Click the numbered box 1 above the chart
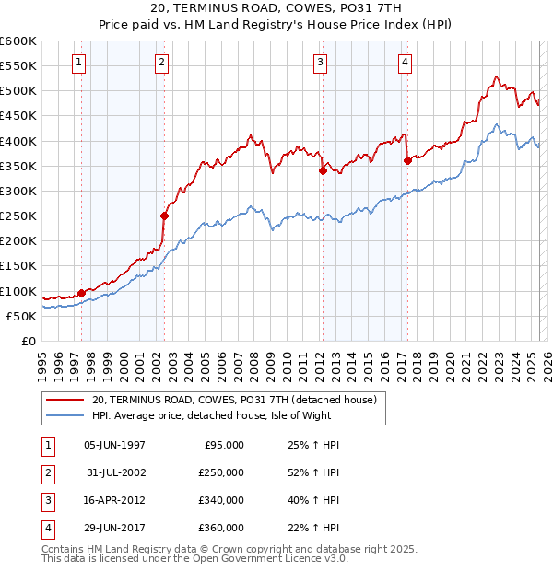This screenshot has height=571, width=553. coord(78,63)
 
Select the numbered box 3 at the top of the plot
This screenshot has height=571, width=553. coord(320,63)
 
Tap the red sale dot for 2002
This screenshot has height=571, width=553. coord(165,216)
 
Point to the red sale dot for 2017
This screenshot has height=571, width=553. coord(407,160)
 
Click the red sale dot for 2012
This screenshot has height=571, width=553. coord(323,170)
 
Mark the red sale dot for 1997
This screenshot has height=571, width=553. coord(81,293)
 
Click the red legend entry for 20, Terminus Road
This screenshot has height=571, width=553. coord(234,401)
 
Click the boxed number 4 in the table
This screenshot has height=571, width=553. coord(46,528)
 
